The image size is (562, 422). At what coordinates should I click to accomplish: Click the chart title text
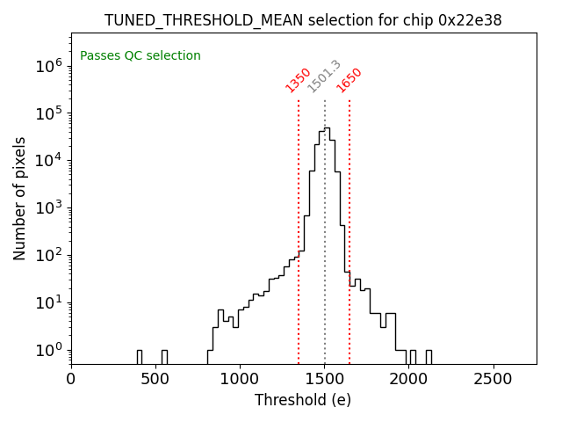pos(303,20)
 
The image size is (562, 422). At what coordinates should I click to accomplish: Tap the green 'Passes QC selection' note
pos(140,56)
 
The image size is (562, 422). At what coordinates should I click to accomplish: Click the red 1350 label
pos(299,80)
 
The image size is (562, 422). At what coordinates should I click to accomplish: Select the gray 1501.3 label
pos(324,76)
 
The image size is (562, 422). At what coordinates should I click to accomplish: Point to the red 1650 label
pos(349,80)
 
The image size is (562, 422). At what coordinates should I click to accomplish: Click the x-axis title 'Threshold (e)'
pos(303,400)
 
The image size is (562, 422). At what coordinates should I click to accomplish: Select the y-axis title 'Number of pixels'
pos(20,199)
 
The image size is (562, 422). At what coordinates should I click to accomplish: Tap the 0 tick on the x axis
pos(71,379)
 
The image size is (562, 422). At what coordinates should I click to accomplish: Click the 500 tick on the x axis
pos(155,379)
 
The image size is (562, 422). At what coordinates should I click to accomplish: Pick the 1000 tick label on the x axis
pos(240,379)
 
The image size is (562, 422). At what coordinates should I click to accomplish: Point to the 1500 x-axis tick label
pos(324,379)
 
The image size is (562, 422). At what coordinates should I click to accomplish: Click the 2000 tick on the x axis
pos(408,379)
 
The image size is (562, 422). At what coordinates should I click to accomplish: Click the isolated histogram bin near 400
pos(139,356)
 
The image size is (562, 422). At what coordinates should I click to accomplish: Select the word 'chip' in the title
pos(419,20)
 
